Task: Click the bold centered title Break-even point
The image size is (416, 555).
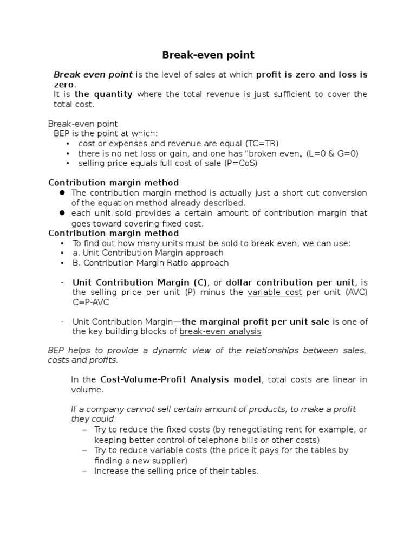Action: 209,55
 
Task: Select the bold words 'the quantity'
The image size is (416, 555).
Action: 103,94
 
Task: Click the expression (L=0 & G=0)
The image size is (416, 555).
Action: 332,153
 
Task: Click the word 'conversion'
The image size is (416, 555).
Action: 343,193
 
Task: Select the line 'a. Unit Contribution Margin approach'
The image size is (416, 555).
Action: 148,253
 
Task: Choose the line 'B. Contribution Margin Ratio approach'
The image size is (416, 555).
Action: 151,263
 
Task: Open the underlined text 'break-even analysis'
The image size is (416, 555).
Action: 220,331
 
